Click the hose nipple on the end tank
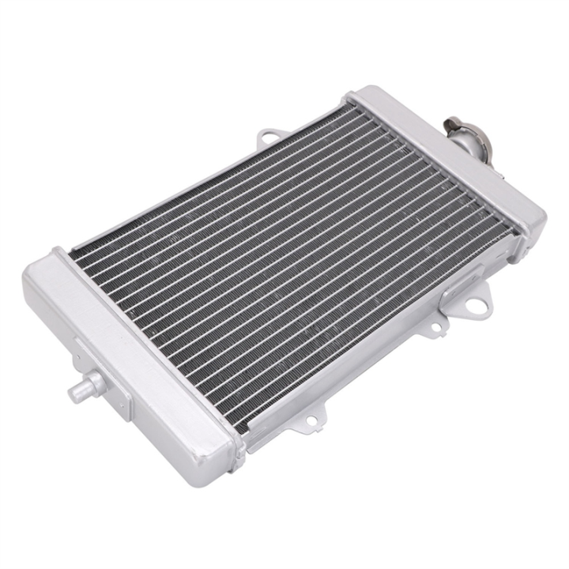pyautogui.click(x=87, y=386)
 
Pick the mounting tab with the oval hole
pyautogui.click(x=269, y=139)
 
